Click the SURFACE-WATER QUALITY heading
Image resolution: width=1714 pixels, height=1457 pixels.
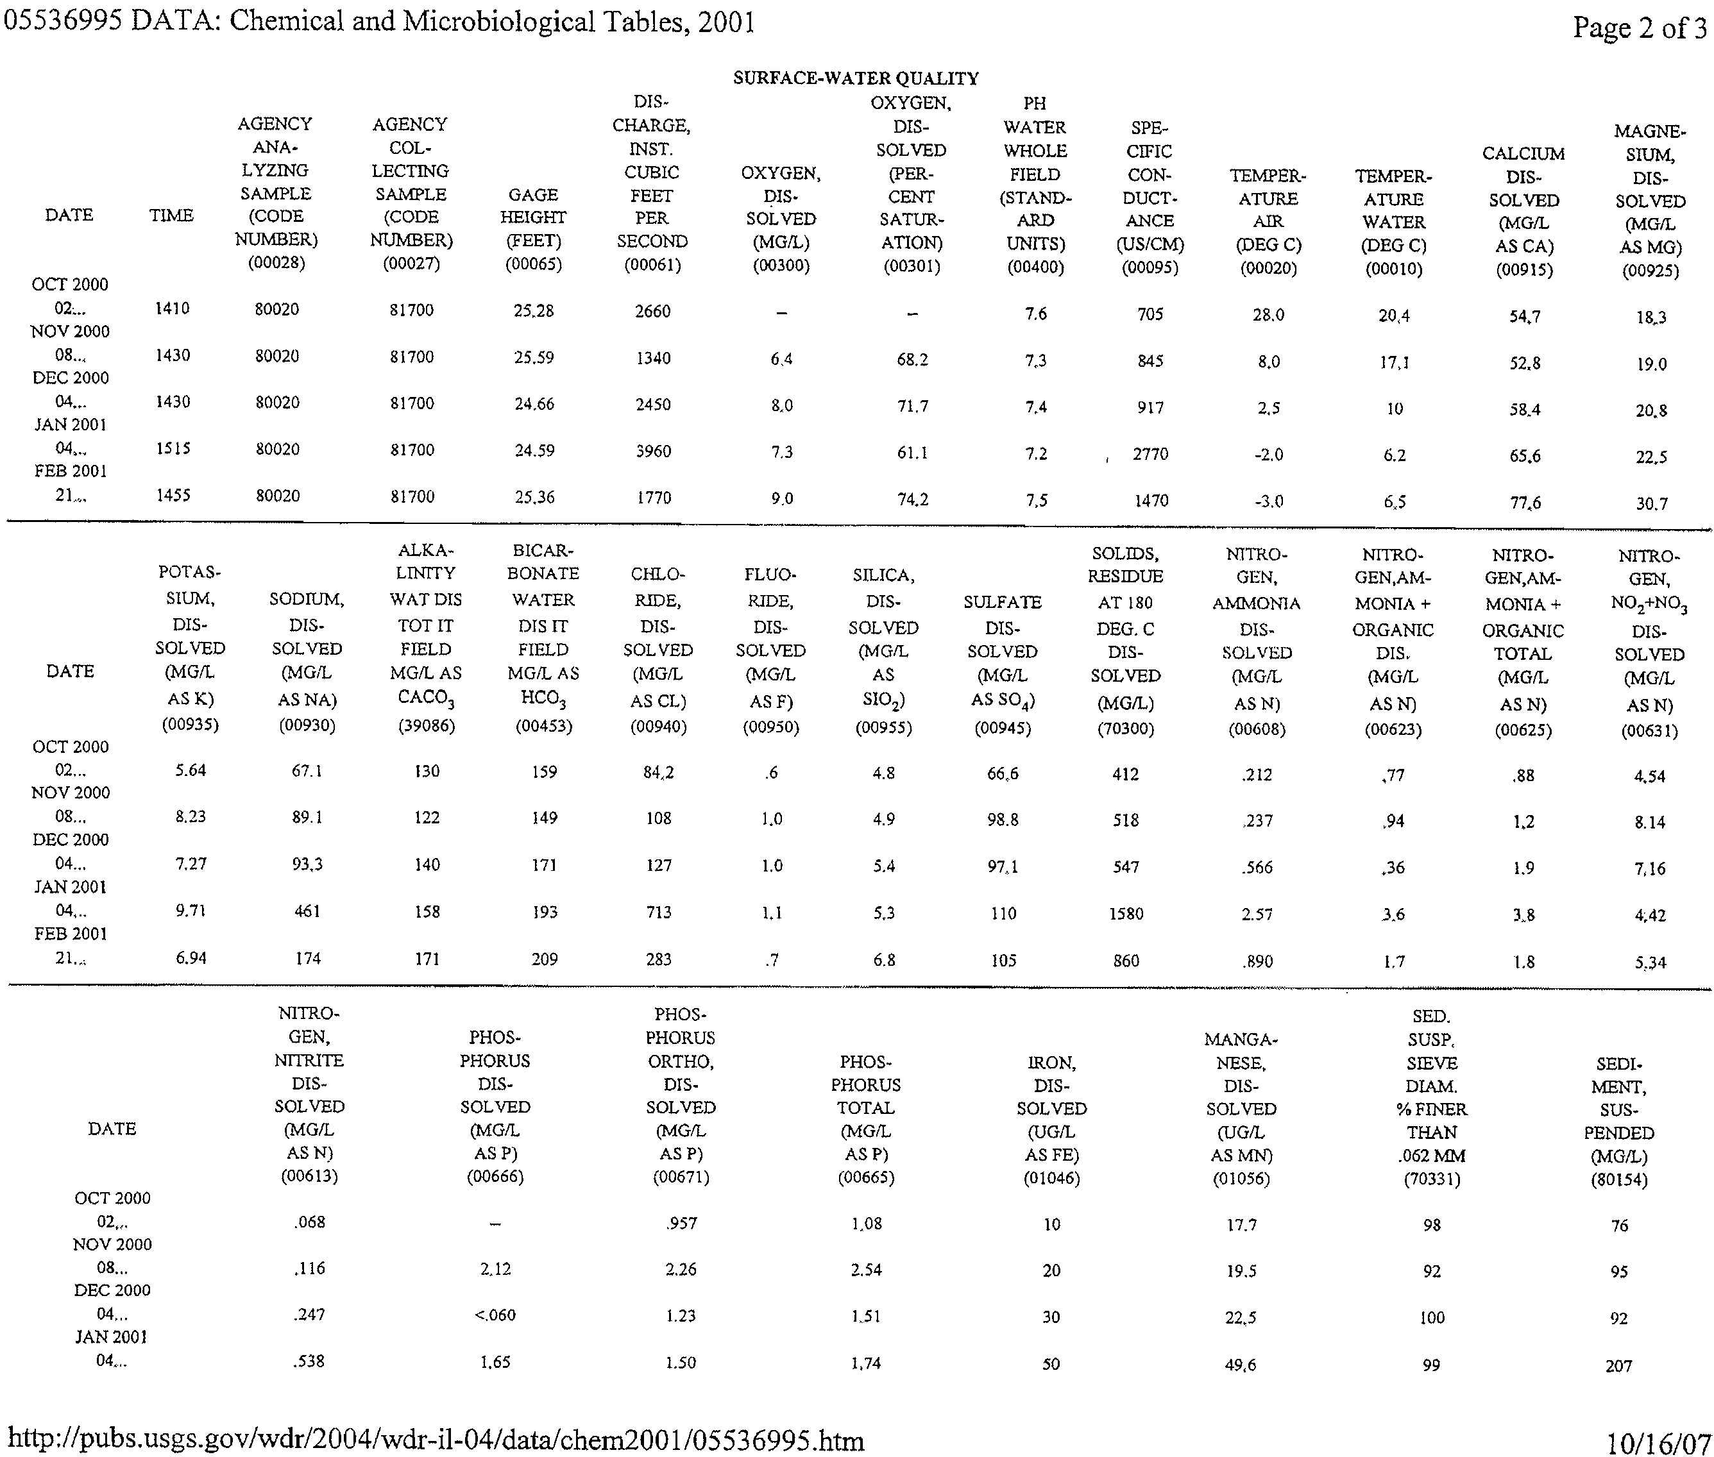point(856,78)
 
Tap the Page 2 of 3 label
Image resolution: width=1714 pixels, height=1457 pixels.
point(1640,28)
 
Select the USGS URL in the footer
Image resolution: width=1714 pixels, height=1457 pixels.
point(436,1440)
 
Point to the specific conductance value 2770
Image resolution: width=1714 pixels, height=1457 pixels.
point(1150,454)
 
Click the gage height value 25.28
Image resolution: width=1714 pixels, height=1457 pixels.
point(534,312)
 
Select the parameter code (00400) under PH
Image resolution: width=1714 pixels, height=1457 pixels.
point(1035,267)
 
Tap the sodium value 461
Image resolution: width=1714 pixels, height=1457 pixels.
point(307,912)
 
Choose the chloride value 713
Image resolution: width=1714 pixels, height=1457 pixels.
point(658,913)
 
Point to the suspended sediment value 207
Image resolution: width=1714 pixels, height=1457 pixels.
point(1619,1366)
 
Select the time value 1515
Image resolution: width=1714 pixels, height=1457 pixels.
point(173,448)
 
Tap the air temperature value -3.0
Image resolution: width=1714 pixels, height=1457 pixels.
point(1268,501)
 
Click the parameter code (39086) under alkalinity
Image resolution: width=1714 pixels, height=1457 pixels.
point(426,726)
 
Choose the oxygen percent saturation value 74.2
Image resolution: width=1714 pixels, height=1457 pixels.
point(912,500)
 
